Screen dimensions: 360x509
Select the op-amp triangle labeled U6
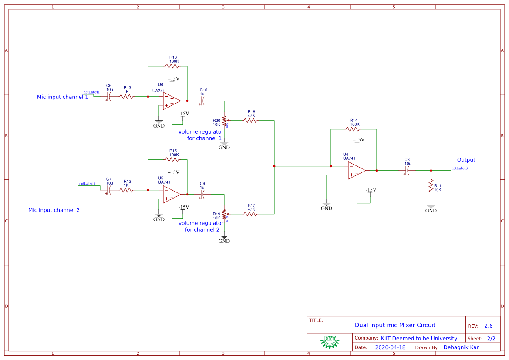[171, 101]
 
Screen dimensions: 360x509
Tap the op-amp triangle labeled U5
[171, 194]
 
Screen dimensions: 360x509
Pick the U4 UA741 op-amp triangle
[356, 170]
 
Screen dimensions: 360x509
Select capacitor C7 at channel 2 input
[109, 190]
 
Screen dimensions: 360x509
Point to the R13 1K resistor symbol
[127, 97]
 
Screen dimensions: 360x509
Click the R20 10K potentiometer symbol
[224, 120]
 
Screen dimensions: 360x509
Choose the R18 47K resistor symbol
[251, 120]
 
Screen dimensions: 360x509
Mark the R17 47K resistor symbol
[251, 214]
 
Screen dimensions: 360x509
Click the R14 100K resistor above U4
[353, 129]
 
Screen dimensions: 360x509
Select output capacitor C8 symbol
[407, 170]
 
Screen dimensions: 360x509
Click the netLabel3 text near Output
[459, 168]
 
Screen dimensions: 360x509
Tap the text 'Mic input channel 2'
[54, 210]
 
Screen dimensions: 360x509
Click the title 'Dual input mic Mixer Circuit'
[395, 325]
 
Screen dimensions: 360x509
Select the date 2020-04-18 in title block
[390, 347]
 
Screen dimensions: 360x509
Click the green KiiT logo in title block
[330, 342]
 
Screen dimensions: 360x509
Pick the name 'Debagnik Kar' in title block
[461, 347]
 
